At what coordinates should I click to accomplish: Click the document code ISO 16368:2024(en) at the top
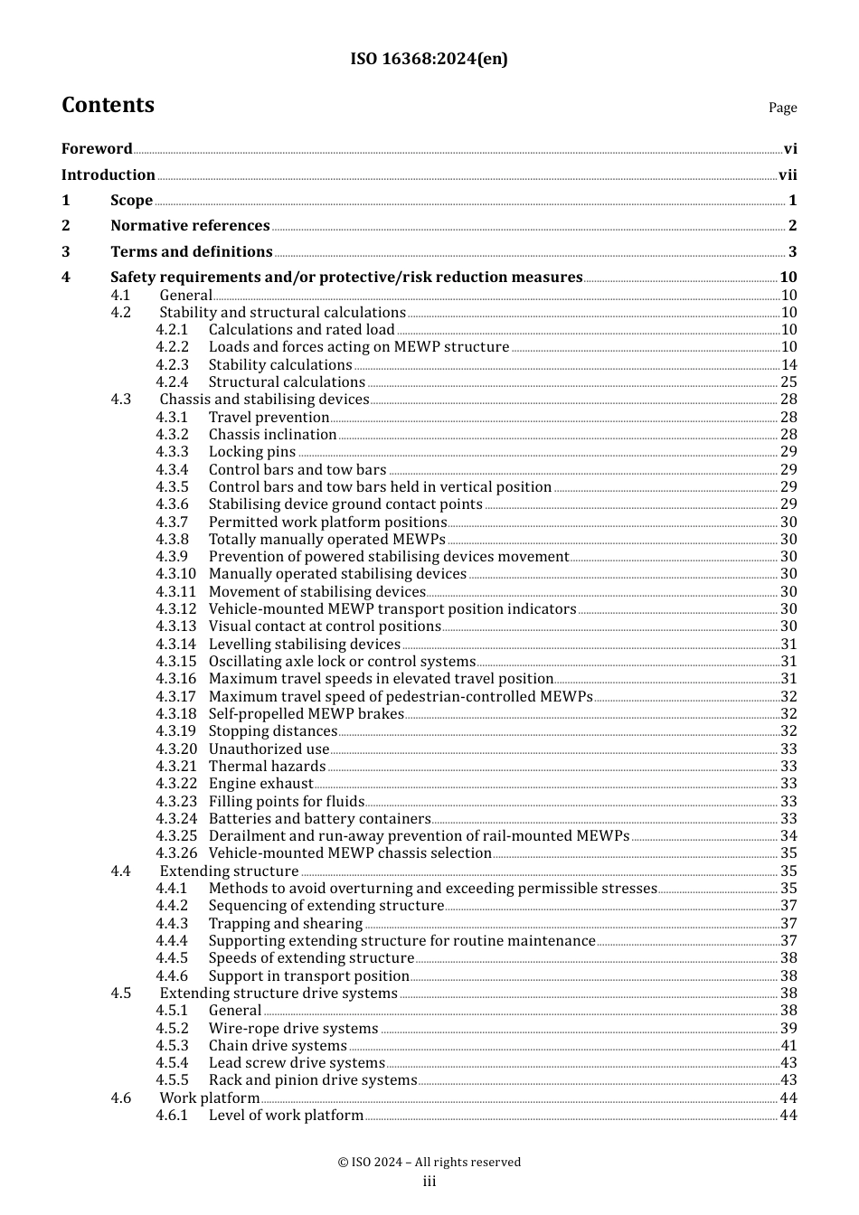tap(429, 59)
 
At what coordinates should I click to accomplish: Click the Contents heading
tap(108, 105)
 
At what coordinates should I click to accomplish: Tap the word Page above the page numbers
tap(782, 108)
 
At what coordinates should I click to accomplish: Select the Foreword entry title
tap(97, 149)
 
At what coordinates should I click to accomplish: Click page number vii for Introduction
tap(788, 175)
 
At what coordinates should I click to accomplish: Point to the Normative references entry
tap(190, 226)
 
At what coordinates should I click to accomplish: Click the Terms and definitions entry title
tap(191, 252)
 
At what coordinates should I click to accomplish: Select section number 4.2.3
tap(172, 365)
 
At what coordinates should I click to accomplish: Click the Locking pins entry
tap(251, 452)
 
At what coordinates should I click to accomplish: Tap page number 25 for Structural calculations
tap(788, 382)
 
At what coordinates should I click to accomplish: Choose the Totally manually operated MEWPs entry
tap(326, 540)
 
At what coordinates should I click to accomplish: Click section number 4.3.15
tap(175, 662)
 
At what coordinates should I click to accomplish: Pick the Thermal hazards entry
tap(268, 767)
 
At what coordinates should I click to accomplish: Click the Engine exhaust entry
tap(260, 784)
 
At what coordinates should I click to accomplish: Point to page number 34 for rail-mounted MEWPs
tap(788, 836)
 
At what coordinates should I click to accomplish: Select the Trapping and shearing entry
tap(285, 924)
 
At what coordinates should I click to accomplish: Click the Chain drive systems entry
tap(278, 1046)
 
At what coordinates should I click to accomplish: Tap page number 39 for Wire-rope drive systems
tap(788, 1029)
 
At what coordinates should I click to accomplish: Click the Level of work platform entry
tap(286, 1116)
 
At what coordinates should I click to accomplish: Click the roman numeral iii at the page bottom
tap(429, 1182)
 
